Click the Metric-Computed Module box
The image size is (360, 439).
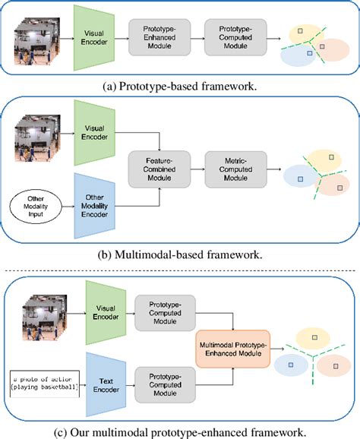tap(233, 168)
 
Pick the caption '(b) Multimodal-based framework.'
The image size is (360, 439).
tap(180, 254)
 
